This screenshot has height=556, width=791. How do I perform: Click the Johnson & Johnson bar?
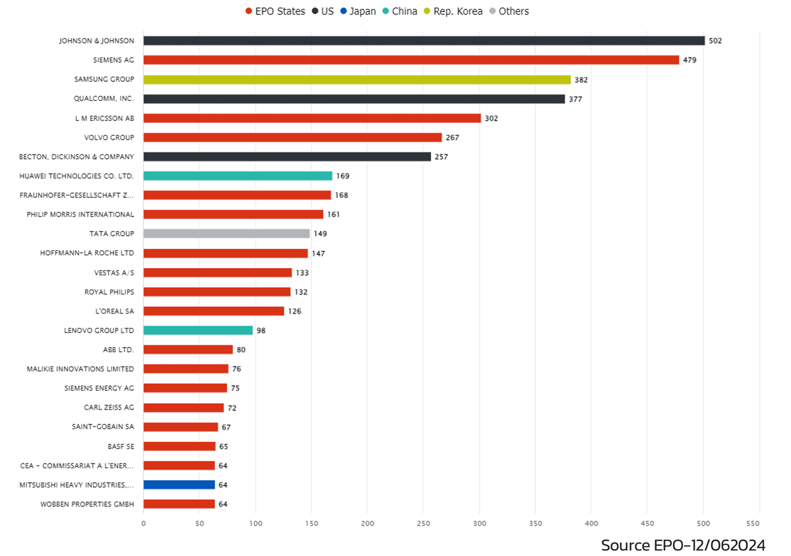pyautogui.click(x=424, y=41)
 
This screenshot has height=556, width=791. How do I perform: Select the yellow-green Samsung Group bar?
pyautogui.click(x=357, y=80)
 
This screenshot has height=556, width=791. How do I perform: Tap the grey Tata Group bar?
pyautogui.click(x=226, y=234)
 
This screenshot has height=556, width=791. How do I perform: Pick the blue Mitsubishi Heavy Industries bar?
pyautogui.click(x=179, y=485)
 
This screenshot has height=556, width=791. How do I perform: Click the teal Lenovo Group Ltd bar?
pyautogui.click(x=198, y=331)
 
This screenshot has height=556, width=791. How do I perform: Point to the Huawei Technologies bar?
pyautogui.click(x=237, y=176)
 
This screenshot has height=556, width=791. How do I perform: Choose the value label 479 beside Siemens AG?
pyautogui.click(x=690, y=60)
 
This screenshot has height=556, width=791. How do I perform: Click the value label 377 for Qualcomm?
pyautogui.click(x=575, y=99)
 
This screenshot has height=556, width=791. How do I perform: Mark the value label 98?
pyautogui.click(x=261, y=331)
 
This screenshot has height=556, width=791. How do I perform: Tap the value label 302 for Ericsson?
pyautogui.click(x=491, y=118)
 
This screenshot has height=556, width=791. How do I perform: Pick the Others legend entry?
pyautogui.click(x=509, y=11)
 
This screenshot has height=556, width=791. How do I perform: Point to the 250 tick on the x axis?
pyautogui.click(x=423, y=523)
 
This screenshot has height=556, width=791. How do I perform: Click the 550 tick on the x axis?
pyautogui.click(x=759, y=523)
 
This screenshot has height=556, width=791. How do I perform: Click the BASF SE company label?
pyautogui.click(x=121, y=446)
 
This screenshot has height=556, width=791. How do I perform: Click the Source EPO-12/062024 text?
pyautogui.click(x=683, y=545)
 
